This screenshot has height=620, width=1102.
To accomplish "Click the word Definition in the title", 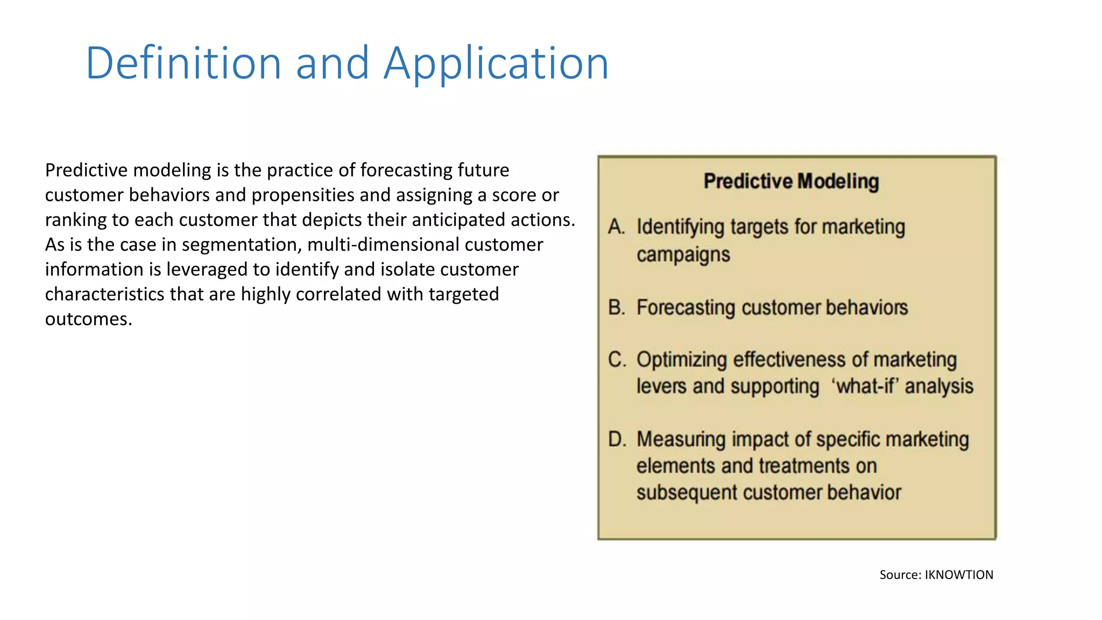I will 183,64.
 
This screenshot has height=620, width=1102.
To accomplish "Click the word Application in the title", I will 496,64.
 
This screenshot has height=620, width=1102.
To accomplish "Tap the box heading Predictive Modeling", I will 791,181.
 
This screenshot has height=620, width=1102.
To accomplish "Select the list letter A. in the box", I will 617,227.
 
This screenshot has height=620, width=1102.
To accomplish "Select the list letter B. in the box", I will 617,308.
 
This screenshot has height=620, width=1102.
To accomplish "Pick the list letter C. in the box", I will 617,360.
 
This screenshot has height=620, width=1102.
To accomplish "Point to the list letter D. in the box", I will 617,440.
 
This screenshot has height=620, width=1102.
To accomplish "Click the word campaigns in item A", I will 683,255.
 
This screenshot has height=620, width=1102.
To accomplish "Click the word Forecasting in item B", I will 686,308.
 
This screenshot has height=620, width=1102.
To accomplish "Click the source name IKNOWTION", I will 959,575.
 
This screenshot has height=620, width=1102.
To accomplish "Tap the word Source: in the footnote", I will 900,575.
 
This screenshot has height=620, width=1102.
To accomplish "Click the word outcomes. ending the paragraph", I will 88,319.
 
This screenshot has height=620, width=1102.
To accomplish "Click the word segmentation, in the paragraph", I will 242,245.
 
